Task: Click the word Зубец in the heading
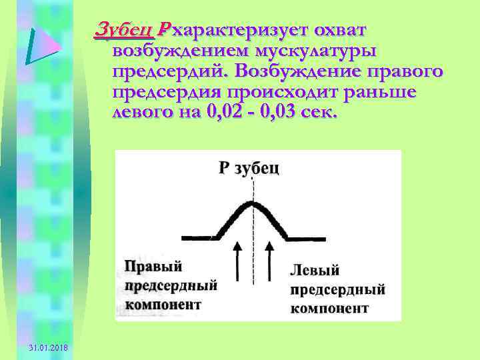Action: [125, 30]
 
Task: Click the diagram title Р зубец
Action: [249, 168]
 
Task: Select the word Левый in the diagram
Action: [315, 270]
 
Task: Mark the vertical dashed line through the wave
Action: [252, 253]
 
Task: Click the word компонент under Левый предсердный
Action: [329, 309]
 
